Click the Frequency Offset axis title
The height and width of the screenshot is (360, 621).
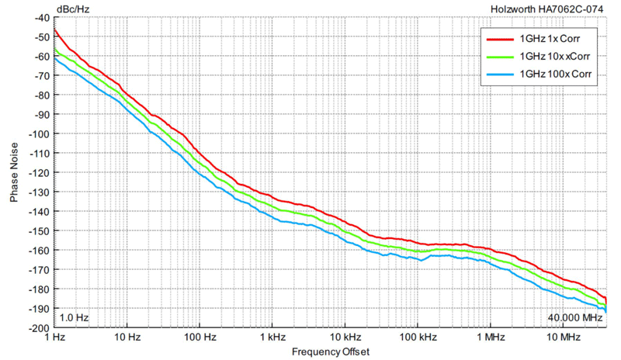pyautogui.click(x=331, y=351)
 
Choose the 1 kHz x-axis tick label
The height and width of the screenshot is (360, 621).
pyautogui.click(x=272, y=337)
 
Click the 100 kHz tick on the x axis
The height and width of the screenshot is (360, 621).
pyautogui.click(x=418, y=337)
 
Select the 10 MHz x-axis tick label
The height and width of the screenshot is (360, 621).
pyautogui.click(x=564, y=337)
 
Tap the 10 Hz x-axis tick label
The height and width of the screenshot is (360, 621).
pyautogui.click(x=127, y=337)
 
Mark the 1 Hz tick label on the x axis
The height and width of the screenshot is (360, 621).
pyautogui.click(x=55, y=337)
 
